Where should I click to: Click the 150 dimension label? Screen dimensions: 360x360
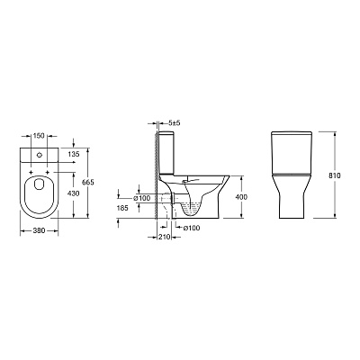pos(39,136)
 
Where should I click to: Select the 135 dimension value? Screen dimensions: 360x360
pos(74,154)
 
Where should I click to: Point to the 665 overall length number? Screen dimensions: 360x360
pos(88,182)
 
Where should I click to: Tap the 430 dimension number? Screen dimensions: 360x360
pos(74,193)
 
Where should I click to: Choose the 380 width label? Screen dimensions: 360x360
pos(39,230)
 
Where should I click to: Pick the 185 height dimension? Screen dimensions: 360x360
pos(122,208)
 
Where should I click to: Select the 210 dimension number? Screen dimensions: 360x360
pos(164,237)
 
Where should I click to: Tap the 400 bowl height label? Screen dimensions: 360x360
pos(241,197)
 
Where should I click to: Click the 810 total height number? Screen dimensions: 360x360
pos(335,175)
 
